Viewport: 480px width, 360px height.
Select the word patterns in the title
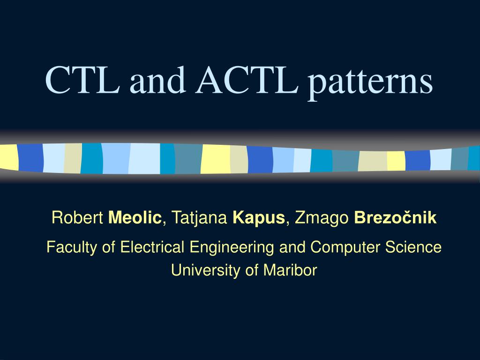coord(370,82)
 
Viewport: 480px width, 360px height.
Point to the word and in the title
coord(157,81)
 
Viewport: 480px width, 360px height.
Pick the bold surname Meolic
coord(135,218)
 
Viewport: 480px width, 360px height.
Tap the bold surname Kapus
coord(258,218)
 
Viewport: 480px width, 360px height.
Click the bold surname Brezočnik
coord(395,218)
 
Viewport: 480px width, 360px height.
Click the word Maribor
coord(291,270)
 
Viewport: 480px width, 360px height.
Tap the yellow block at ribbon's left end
coord(8,157)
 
